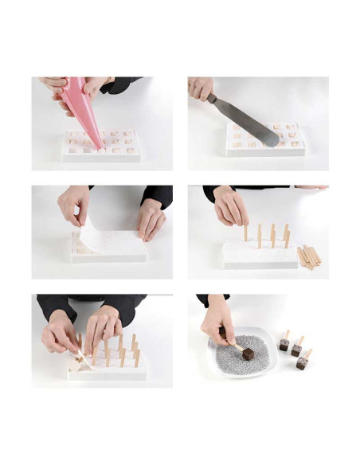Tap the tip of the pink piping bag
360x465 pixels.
(99, 145)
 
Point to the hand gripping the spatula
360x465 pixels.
(199, 87)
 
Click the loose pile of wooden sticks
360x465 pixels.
(308, 256)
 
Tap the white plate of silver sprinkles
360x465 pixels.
(239, 358)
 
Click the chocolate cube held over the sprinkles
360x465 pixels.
(248, 353)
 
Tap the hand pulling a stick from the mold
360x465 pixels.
(59, 334)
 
